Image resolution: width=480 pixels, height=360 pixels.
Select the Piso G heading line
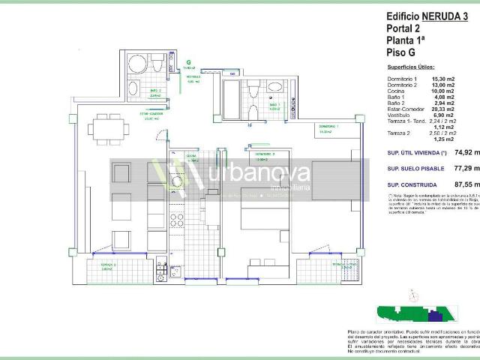coord(402,52)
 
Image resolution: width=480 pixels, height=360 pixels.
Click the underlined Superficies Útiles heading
coord(411,67)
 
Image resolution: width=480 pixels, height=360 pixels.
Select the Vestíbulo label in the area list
coord(399,115)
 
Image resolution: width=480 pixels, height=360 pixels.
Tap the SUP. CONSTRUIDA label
coord(412,184)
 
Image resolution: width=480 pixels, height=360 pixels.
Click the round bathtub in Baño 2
coord(137,63)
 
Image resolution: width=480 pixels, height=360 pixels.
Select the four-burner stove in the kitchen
coord(178,220)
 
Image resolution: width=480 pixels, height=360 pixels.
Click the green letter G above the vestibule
coord(189,63)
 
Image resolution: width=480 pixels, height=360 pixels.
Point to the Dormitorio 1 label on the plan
coord(327,127)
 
